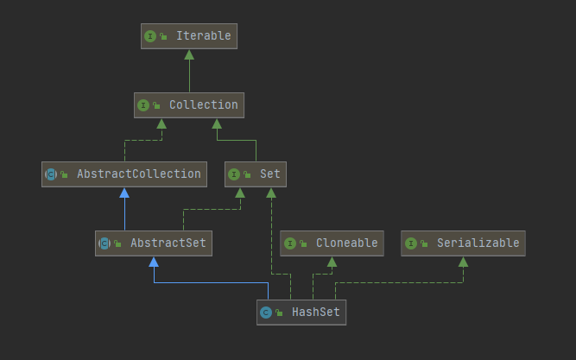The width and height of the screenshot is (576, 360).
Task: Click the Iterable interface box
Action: click(189, 36)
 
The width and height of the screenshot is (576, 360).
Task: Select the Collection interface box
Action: click(189, 105)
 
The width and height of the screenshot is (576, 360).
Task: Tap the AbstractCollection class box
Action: click(124, 174)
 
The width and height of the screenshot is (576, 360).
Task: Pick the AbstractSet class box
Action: click(154, 243)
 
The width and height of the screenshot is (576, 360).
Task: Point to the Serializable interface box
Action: click(463, 243)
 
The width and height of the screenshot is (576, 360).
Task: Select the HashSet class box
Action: click(301, 312)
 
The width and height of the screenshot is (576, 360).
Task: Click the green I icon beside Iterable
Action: click(150, 36)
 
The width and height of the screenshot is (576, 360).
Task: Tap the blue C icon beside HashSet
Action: click(266, 313)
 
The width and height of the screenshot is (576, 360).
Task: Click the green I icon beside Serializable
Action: click(411, 243)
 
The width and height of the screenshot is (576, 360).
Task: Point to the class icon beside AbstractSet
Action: click(104, 243)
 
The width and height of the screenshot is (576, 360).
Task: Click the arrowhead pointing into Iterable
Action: click(189, 54)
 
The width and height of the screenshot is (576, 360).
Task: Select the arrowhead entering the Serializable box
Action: click(463, 262)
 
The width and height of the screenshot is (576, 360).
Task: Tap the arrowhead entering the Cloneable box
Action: click(332, 262)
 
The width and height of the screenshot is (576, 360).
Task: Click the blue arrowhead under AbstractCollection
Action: click(124, 193)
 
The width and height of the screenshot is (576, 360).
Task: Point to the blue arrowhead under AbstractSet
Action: click(154, 262)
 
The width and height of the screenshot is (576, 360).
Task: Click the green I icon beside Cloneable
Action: click(290, 243)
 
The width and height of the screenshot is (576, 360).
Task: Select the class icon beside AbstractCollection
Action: click(51, 174)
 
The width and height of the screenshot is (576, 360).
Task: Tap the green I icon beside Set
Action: click(233, 174)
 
